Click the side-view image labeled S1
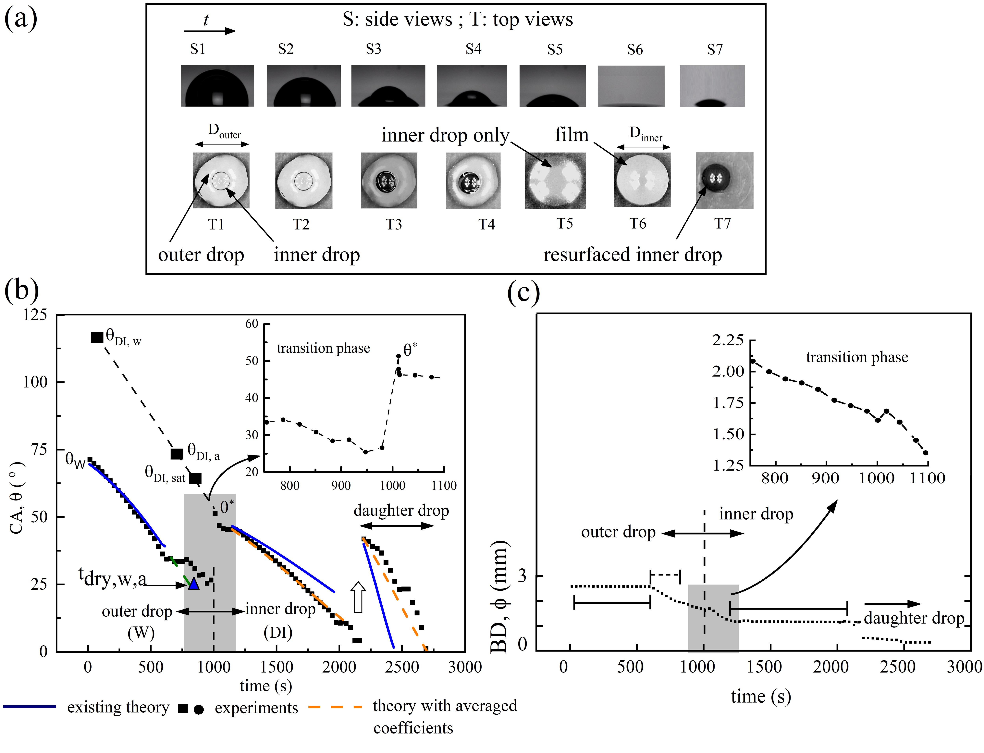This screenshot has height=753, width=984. coord(217,86)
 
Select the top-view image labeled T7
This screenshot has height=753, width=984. coord(725,180)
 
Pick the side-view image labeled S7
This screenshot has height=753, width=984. coord(712,86)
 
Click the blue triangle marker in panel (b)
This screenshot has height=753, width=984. coord(194,584)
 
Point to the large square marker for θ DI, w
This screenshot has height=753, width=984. coord(97,338)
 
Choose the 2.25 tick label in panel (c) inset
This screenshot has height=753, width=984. coord(728,340)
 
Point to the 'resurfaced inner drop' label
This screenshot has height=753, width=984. coord(632,255)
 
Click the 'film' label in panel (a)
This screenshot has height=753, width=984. coord(571,134)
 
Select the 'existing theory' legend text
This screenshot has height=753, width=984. coord(118,707)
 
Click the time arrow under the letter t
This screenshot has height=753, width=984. coord(209,31)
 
